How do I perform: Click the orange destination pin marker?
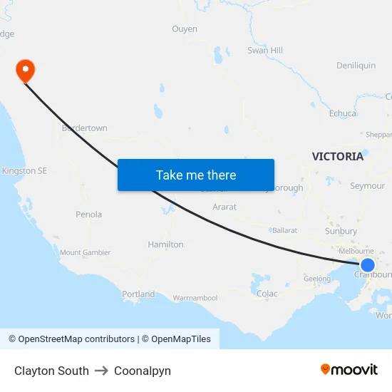25,70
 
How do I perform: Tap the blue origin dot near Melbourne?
368,266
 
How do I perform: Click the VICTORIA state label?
338,157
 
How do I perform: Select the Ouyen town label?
185,29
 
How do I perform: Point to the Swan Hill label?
265,51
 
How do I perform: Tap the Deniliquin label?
356,66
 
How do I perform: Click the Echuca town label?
343,113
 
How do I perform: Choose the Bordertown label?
85,128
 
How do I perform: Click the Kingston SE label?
24,171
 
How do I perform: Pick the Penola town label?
89,215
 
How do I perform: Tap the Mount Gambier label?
85,252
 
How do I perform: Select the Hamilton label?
165,244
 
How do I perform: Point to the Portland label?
138,294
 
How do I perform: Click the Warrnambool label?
195,297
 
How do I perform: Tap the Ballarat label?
284,230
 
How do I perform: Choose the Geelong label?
317,279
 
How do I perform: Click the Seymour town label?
368,186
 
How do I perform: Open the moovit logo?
349,370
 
